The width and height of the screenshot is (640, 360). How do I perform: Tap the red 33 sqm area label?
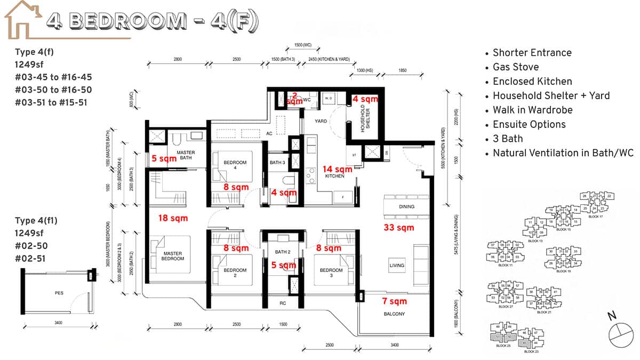click(x=399, y=228)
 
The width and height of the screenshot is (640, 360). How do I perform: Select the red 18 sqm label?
click(x=174, y=218)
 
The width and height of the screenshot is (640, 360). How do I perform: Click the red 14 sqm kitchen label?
click(x=338, y=169)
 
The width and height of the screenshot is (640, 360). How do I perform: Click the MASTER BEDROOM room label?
click(x=173, y=256)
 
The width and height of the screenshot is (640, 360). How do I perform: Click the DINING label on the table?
click(x=406, y=206)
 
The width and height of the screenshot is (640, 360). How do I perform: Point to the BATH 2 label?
click(x=283, y=252)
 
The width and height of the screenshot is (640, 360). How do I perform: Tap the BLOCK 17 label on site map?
click(x=597, y=217)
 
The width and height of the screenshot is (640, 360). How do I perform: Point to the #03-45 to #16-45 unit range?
click(x=53, y=77)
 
